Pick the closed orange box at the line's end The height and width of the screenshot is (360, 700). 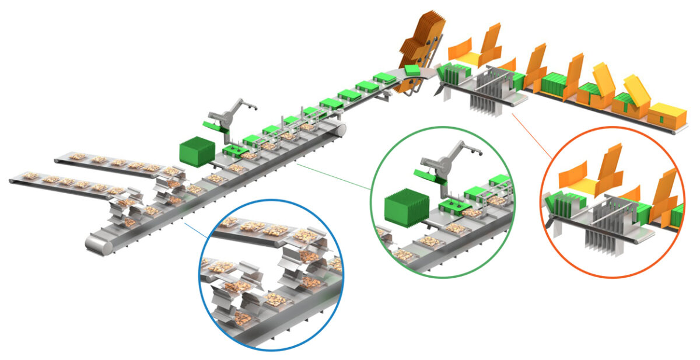(667, 116)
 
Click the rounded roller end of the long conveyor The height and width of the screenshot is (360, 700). (97, 244)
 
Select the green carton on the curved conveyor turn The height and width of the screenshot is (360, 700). (412, 69)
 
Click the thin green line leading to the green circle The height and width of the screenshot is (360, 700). (332, 175)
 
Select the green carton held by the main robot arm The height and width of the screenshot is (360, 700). (211, 124)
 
